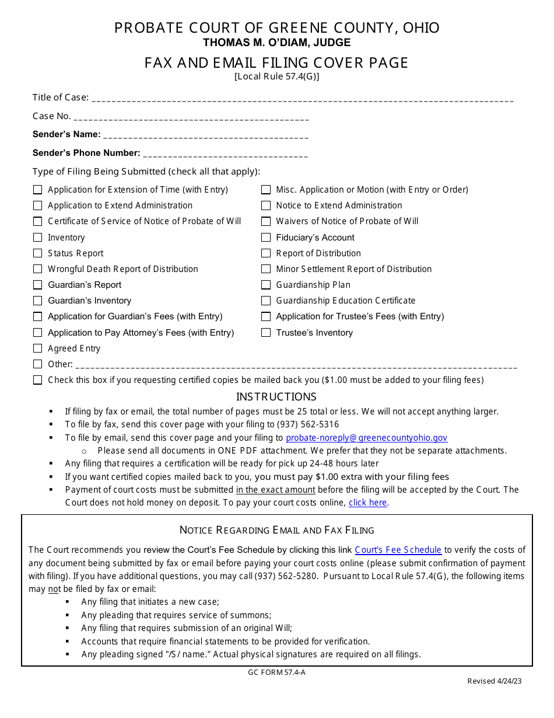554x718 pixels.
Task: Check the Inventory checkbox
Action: tap(38, 237)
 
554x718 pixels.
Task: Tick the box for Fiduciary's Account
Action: tap(266, 237)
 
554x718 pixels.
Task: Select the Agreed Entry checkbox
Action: tap(38, 348)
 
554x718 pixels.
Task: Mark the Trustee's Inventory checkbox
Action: tap(266, 333)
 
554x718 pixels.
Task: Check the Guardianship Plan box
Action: tap(266, 285)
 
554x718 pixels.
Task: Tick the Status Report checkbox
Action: tap(38, 253)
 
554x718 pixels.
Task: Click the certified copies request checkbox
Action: tap(38, 380)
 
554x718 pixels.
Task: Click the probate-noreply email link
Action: tap(366, 438)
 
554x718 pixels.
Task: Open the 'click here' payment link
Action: tap(367, 503)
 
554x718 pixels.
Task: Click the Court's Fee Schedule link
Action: tap(398, 550)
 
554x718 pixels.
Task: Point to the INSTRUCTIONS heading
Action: tap(276, 397)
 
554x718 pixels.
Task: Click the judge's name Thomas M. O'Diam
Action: tap(276, 43)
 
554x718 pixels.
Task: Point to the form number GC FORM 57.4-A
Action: tap(276, 672)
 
